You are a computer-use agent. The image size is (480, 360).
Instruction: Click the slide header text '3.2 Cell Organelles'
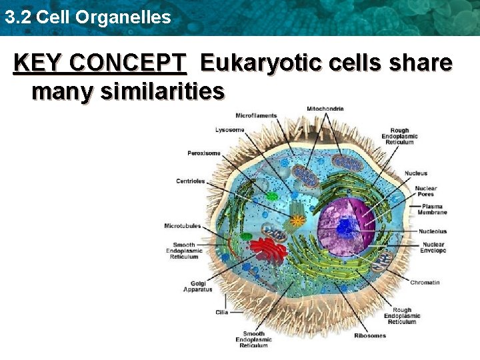tap(87, 17)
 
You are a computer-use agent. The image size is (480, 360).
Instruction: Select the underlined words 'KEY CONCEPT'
tap(100, 63)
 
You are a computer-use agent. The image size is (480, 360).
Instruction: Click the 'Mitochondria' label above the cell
tap(325, 109)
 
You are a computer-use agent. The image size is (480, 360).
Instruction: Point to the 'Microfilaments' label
tap(256, 115)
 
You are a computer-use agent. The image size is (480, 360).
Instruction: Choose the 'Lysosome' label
tap(229, 129)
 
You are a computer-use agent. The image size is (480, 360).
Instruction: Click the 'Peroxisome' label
tap(203, 153)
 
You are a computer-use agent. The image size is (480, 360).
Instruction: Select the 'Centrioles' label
tap(191, 181)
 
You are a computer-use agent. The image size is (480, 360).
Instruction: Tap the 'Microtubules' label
tap(182, 226)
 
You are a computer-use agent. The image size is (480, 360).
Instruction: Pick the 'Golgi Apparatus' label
tap(197, 286)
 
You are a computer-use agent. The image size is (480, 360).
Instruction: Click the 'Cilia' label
tap(222, 312)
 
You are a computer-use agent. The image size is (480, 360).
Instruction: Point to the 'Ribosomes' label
tap(369, 335)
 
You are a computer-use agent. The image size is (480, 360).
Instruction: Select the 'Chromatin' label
tap(425, 283)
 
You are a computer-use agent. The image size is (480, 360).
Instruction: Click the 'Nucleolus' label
tap(433, 231)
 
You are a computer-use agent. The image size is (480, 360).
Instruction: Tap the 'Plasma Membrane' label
tap(434, 209)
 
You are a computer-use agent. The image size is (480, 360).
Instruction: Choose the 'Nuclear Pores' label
tap(425, 191)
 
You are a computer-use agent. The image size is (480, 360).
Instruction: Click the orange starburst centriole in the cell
tap(297, 219)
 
